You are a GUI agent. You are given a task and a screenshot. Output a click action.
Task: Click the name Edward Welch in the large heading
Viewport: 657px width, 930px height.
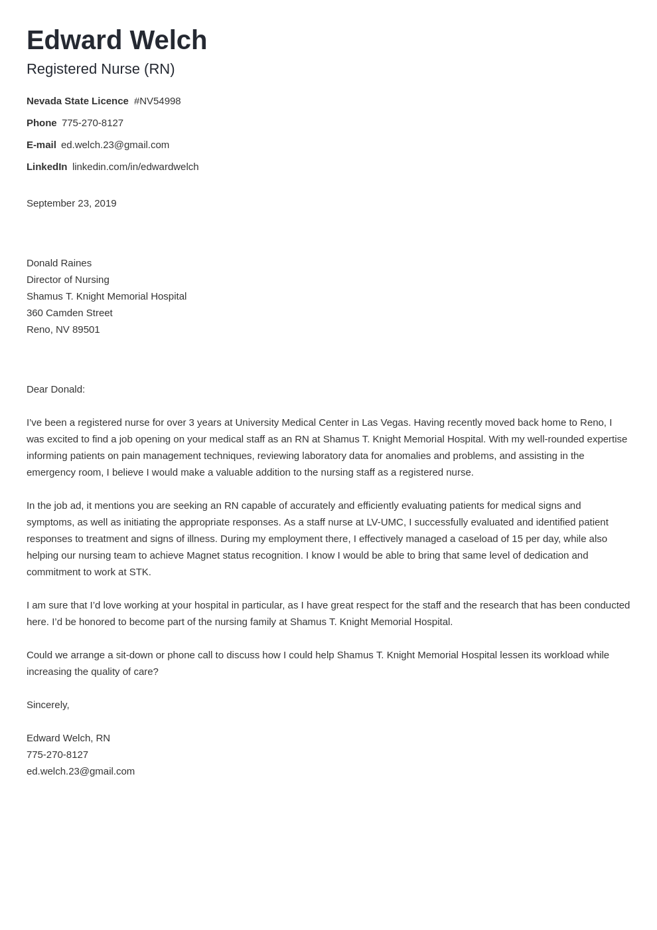pos(117,41)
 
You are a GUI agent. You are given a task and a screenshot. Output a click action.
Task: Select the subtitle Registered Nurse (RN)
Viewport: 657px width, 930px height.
pos(100,69)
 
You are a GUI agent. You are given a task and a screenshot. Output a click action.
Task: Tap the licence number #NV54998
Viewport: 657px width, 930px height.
pos(157,101)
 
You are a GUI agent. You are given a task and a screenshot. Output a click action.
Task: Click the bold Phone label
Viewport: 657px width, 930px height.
pos(41,123)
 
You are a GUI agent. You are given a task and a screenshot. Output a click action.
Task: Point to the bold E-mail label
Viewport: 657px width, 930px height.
pos(41,145)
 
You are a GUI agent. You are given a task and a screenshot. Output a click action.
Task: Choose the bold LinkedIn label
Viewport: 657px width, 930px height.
pos(46,167)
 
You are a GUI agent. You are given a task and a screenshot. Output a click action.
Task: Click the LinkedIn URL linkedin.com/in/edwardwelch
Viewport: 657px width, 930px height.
pos(135,167)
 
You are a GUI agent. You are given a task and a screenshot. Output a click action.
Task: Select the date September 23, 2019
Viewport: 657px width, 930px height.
pos(71,203)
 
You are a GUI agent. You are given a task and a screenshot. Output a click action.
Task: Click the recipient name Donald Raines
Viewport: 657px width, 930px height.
pos(59,263)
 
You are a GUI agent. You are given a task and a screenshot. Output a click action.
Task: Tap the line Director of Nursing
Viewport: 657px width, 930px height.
pos(68,280)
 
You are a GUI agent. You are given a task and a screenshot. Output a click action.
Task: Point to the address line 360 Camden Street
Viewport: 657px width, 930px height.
pos(69,313)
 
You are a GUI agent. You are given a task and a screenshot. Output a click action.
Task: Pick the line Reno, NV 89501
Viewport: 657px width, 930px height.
pos(63,329)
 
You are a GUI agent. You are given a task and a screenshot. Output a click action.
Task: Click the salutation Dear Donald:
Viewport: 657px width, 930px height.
pos(56,389)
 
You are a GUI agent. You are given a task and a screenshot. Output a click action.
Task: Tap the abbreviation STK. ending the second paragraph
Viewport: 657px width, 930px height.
pos(139,572)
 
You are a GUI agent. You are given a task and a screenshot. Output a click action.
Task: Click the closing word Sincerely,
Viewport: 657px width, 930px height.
pos(48,705)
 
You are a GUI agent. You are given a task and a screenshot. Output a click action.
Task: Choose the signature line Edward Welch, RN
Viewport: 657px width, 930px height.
pos(68,738)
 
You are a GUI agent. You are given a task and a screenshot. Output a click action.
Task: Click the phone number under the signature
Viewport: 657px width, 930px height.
pos(57,755)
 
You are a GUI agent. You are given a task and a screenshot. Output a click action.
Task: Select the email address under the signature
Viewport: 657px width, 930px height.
pos(80,771)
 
